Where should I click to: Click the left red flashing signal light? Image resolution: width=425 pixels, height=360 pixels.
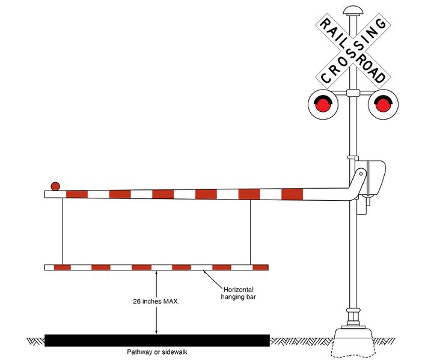click(x=323, y=105)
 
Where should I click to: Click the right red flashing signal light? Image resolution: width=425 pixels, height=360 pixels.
click(x=383, y=105)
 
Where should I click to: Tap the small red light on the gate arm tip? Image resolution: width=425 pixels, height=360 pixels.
click(x=55, y=186)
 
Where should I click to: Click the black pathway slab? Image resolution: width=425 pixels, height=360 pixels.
click(x=156, y=340)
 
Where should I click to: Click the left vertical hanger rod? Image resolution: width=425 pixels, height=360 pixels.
click(x=62, y=231)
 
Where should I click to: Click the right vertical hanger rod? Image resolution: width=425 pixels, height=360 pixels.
click(x=250, y=231)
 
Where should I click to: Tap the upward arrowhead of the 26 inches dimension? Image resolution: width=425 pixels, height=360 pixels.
click(x=156, y=273)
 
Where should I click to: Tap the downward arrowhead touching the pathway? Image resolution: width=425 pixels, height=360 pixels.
click(x=156, y=331)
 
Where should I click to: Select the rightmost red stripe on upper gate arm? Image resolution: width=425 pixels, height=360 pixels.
click(x=292, y=194)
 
